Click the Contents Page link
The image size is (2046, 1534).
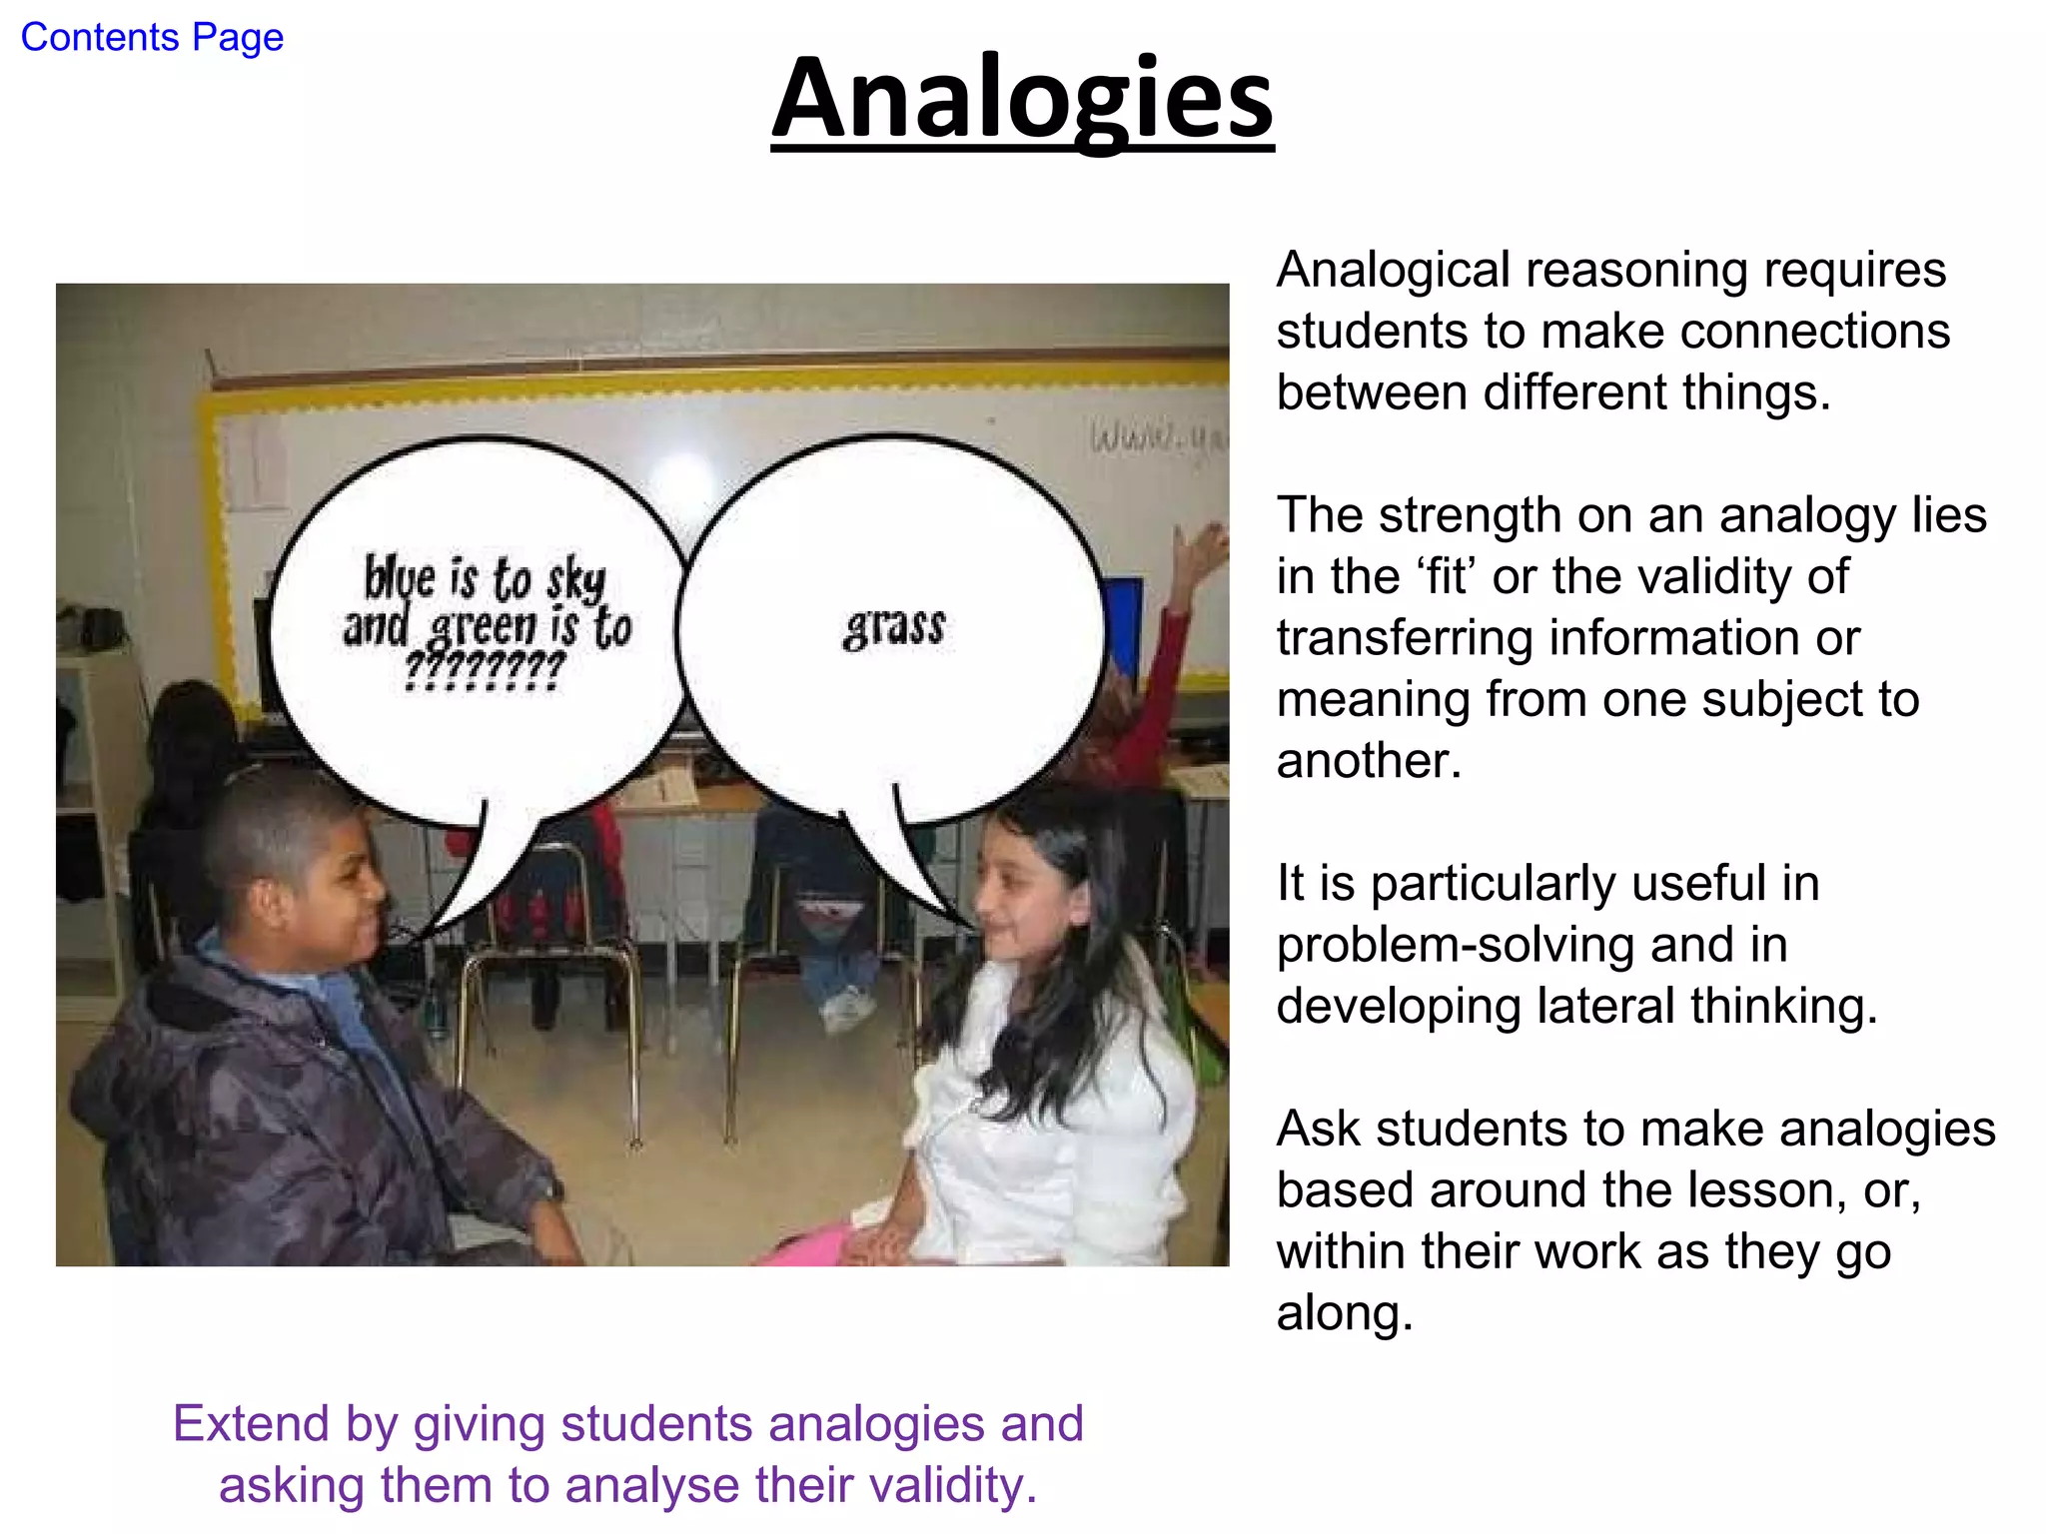click(x=152, y=38)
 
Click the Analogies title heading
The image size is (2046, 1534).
click(x=1022, y=100)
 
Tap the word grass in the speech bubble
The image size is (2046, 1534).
click(x=894, y=627)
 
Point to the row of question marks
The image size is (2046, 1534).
click(x=486, y=669)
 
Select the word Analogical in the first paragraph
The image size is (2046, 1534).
click(x=1394, y=271)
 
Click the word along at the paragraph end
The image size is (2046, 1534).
click(x=1344, y=1313)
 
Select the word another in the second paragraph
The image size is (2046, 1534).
click(x=1368, y=761)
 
